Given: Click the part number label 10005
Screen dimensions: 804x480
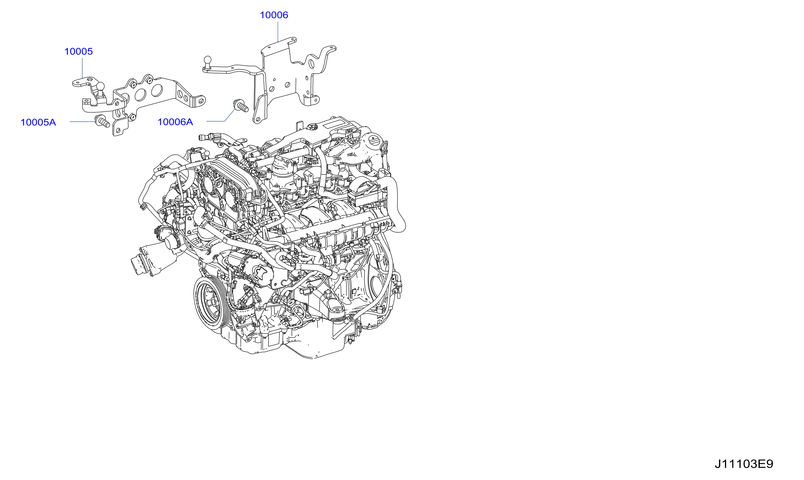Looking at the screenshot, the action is click(x=79, y=51).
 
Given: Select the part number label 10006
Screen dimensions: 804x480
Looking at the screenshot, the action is click(x=274, y=15).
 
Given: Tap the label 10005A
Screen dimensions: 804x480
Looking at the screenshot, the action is click(x=38, y=122).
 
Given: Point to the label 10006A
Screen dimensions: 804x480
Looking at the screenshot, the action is click(x=175, y=122).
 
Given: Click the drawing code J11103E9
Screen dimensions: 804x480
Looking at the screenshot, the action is click(x=744, y=464).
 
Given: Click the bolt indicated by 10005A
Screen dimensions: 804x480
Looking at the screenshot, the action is click(x=102, y=121).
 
